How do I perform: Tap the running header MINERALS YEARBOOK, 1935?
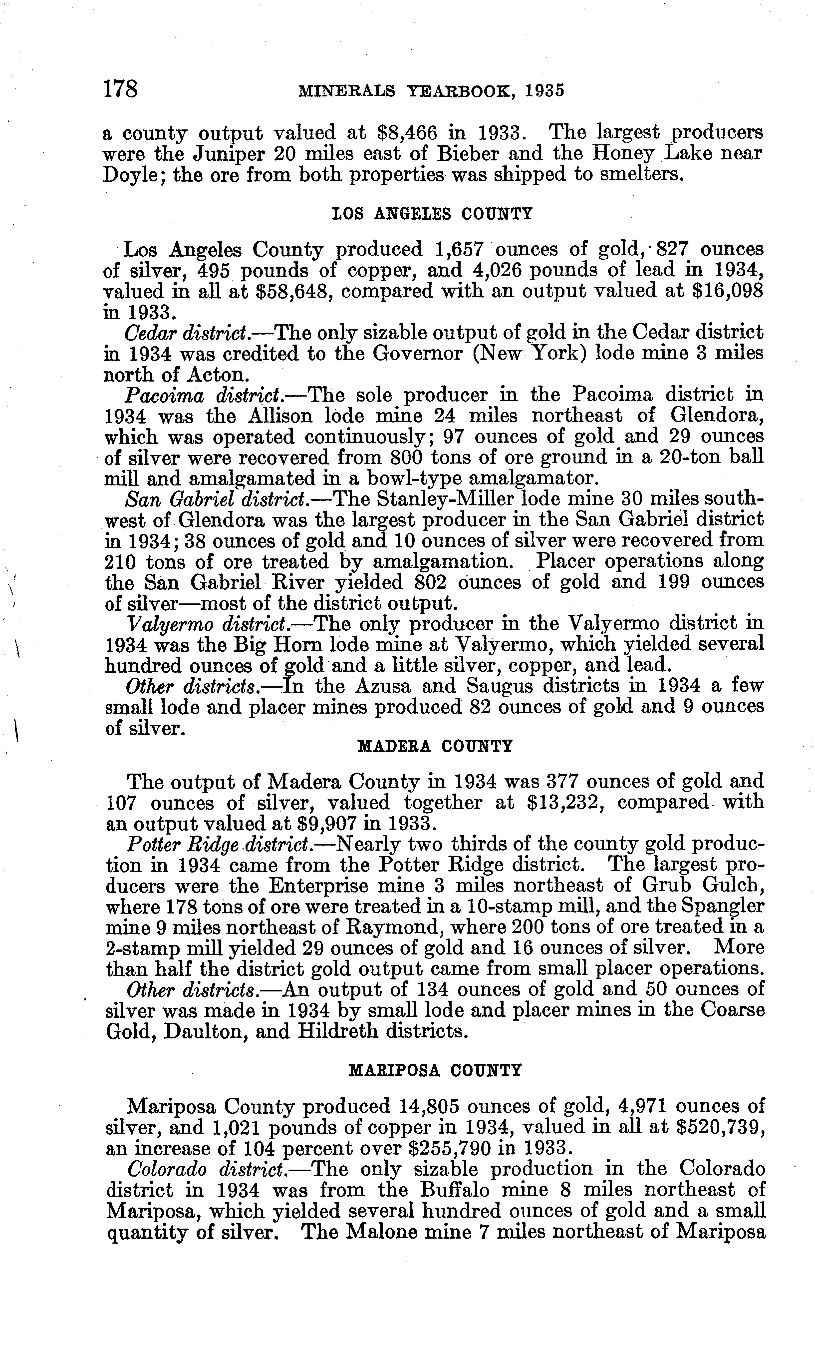coord(431,91)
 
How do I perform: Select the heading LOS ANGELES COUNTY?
coord(433,214)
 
